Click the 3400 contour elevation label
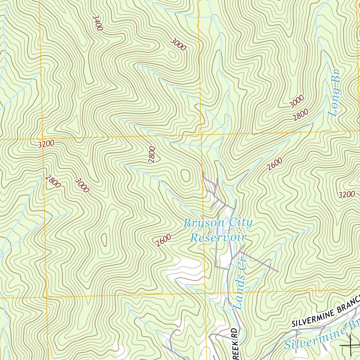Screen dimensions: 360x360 pos(97,23)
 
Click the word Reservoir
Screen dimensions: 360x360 pos(218,237)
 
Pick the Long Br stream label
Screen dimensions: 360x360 pos(335,93)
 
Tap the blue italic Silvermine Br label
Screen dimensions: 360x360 pos(322,336)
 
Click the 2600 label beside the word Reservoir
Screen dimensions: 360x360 pos(163,240)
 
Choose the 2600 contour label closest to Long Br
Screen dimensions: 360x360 pos(274,164)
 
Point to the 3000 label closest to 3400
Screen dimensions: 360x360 pos(178,44)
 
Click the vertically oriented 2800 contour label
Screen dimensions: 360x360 pos(152,154)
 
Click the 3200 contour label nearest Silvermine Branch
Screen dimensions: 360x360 pos(346,195)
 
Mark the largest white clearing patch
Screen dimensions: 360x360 pos(185,269)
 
